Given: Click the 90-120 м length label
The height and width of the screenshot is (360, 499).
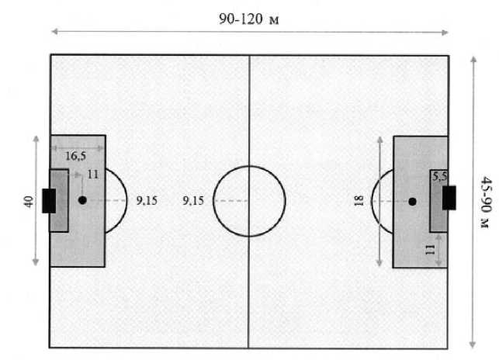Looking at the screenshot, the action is point(248,19).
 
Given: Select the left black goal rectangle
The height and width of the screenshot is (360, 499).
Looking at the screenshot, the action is point(49,200).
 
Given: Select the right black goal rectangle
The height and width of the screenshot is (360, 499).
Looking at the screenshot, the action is point(449,200).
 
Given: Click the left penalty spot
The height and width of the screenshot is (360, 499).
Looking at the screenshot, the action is point(82,200).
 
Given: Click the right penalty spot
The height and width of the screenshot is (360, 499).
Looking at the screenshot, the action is point(412,201).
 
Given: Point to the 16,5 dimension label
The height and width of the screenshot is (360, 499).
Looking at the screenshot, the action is point(75,156).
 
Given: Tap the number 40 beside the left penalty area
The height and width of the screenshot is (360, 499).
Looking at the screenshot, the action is point(29,201).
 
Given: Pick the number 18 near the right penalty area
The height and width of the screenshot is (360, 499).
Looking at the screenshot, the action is point(358,202).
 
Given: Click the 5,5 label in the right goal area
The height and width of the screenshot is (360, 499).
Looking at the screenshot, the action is point(440,176).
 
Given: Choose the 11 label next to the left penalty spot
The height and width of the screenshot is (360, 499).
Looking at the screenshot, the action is point(92,175).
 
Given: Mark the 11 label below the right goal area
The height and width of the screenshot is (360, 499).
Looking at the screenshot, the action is point(429,251).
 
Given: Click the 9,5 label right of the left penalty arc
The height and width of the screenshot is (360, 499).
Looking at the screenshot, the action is point(147,200).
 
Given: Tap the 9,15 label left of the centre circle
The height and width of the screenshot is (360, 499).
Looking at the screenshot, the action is point(193,200).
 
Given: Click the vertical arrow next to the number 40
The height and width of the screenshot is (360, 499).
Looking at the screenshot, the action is point(36,233).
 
